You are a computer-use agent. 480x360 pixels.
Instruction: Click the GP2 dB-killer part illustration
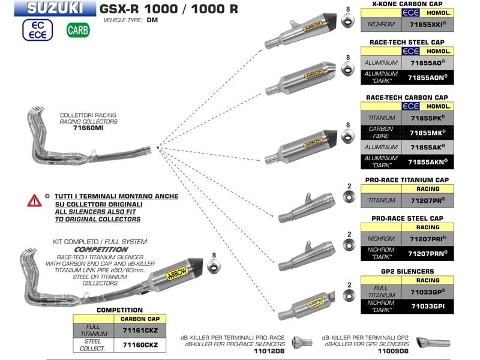432,343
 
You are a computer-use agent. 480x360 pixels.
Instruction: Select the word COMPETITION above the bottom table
120,310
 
